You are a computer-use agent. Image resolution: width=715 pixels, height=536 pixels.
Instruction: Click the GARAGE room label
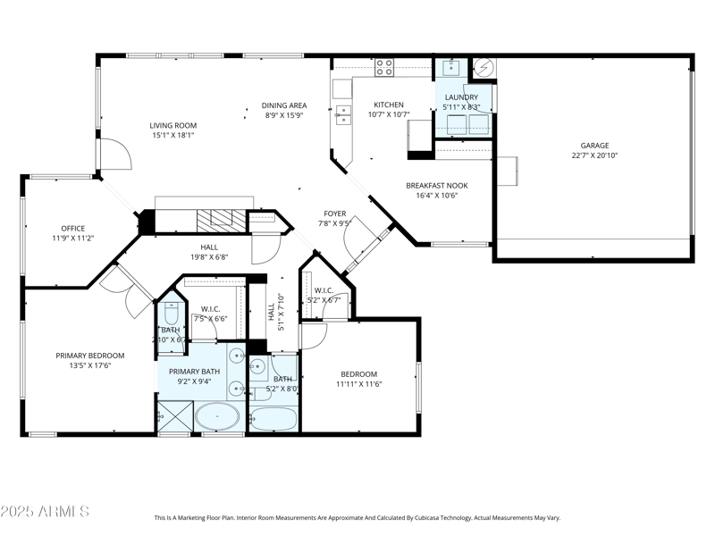[594, 146]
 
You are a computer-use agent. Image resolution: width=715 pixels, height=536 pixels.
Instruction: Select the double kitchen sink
[343, 113]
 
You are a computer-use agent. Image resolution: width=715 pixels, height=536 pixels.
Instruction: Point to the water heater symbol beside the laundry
[482, 68]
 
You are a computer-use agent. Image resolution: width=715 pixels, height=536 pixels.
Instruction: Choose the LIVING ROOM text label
[173, 125]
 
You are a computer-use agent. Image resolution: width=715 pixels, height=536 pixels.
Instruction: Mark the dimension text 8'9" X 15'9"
[284, 114]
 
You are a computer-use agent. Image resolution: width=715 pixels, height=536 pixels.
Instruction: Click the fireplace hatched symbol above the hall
[214, 221]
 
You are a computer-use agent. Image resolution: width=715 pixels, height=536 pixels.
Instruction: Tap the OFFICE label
[72, 229]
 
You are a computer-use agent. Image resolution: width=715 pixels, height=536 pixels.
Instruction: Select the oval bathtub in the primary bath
[217, 417]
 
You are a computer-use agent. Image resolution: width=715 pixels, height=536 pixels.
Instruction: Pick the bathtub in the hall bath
[273, 418]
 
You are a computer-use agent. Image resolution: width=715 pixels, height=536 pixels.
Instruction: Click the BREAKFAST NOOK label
[437, 186]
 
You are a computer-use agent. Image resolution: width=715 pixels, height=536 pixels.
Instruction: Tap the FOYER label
[334, 214]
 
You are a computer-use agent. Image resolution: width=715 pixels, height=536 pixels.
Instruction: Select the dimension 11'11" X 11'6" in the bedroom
[358, 384]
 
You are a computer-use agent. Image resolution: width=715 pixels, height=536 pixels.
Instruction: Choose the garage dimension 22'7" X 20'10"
[594, 155]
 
